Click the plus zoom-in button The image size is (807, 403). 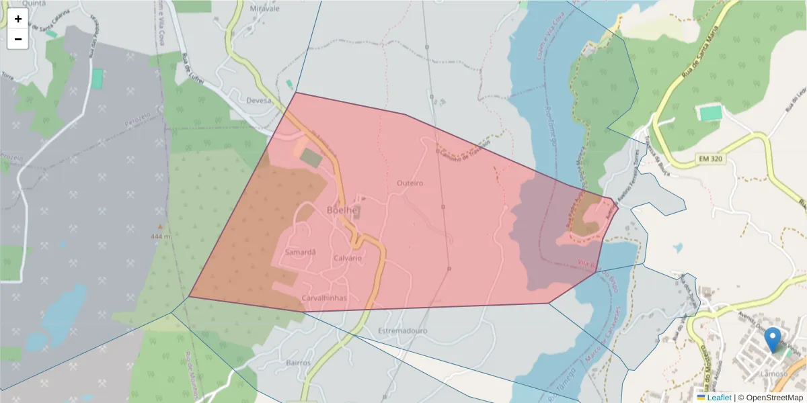(x=18, y=19)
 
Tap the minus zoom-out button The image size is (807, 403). (x=18, y=39)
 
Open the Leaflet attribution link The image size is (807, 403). (x=719, y=398)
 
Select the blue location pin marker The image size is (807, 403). (x=773, y=339)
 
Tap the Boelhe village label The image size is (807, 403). (x=342, y=210)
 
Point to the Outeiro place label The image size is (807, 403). (x=410, y=183)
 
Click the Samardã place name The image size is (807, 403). (x=300, y=253)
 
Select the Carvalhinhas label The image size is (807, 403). (x=324, y=298)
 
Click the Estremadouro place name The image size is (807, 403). (x=403, y=331)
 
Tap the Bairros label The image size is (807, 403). (x=299, y=363)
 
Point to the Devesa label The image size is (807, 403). (x=259, y=100)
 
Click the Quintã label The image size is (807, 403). (x=34, y=3)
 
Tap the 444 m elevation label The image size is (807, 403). (x=161, y=236)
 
